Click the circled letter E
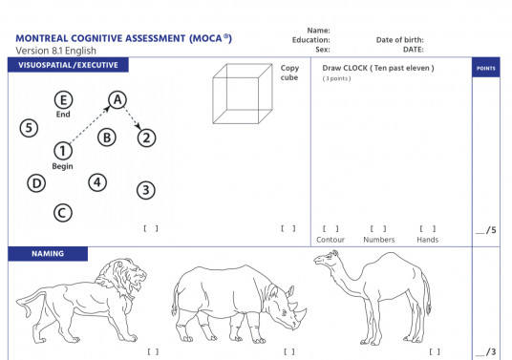[63, 100]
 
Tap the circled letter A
[117, 99]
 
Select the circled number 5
[30, 128]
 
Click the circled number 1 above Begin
[62, 150]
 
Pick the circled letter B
[107, 138]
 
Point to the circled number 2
[145, 138]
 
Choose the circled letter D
[36, 182]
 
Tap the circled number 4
[96, 181]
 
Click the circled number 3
[145, 189]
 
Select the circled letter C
[62, 212]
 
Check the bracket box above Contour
[331, 228]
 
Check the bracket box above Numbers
[378, 228]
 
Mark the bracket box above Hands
[427, 228]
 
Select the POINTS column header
[485, 69]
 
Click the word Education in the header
[311, 40]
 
